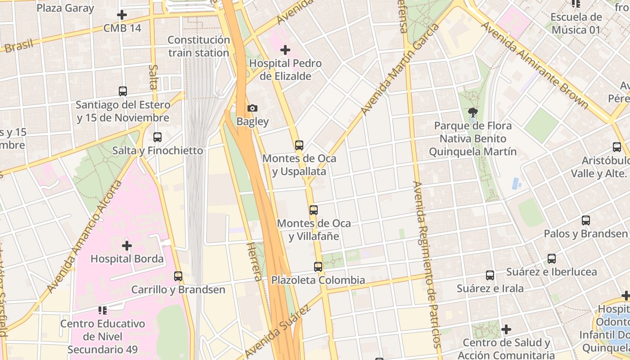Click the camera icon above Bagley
coord(252,108)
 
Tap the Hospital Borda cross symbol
coord(127,246)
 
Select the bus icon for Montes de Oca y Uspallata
coord(299,145)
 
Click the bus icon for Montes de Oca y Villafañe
coord(314,210)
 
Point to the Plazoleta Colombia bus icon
coord(318,267)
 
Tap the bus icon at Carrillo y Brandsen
coord(178,276)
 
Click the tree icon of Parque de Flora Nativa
coord(472,112)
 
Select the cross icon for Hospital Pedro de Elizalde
coord(285,50)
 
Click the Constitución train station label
coord(198,46)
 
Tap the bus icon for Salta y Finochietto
coord(157,137)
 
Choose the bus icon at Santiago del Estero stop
coord(123,91)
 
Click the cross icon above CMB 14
coord(122,15)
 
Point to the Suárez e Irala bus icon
coord(490,275)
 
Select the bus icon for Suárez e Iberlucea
coord(552,259)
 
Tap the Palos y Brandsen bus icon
coord(586,220)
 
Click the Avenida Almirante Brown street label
coord(535,65)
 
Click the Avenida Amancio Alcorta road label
coord(85,236)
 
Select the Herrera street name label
coord(254,261)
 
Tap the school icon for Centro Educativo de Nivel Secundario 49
coord(103,310)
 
